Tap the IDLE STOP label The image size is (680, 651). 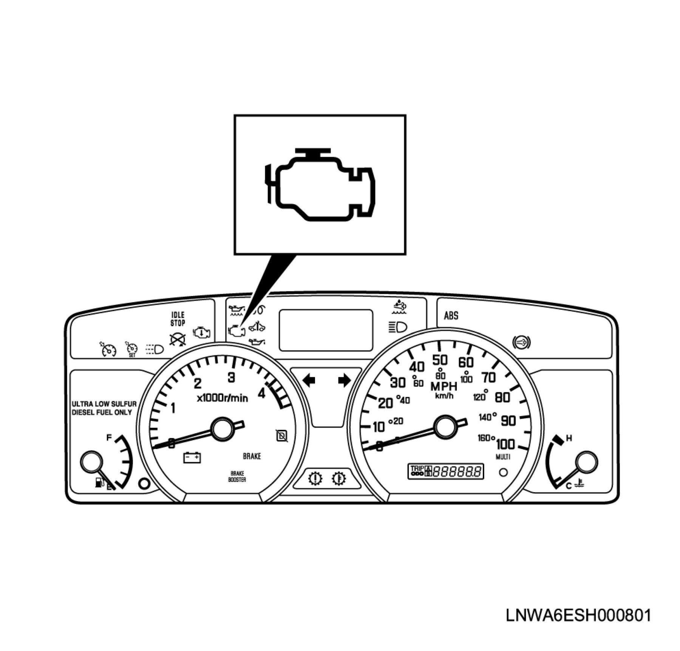(178, 319)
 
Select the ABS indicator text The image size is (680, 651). (451, 315)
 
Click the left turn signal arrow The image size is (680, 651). (309, 380)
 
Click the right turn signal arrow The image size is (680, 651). (344, 380)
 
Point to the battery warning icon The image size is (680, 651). (192, 457)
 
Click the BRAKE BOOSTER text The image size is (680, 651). (237, 476)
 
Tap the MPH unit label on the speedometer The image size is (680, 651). (444, 386)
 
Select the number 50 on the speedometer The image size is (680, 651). (440, 360)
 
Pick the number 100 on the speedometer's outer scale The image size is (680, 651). (505, 444)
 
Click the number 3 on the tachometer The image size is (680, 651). (231, 377)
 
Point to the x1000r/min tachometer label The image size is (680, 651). (223, 398)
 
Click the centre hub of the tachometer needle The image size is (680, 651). (223, 429)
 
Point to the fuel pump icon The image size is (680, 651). (99, 483)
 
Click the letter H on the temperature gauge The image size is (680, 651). (569, 439)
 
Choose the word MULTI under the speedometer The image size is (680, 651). (503, 457)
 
